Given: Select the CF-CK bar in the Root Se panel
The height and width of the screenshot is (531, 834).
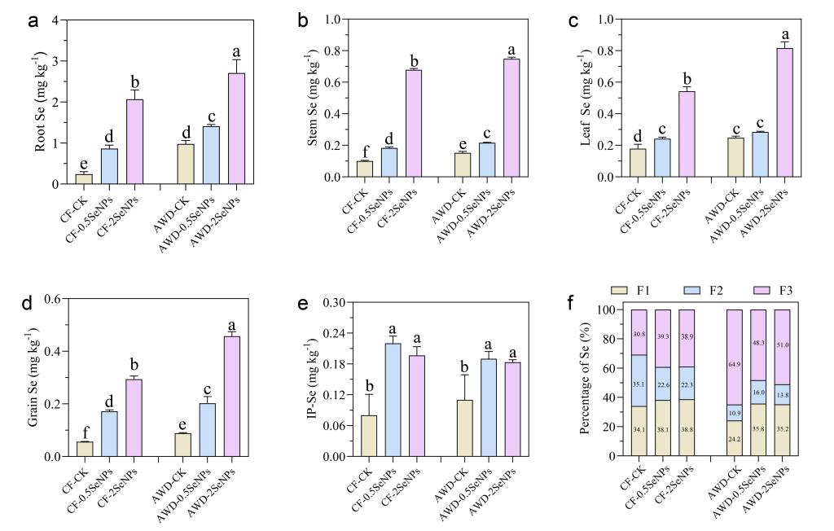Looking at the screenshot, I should pos(84,179).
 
